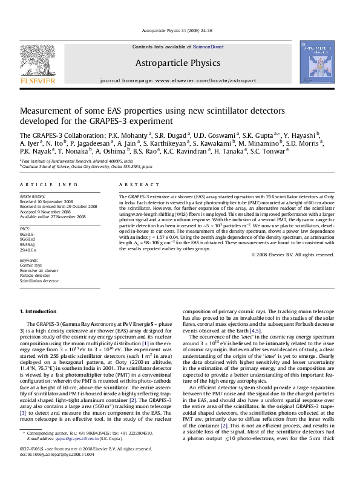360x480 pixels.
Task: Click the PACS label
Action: click(x=25, y=230)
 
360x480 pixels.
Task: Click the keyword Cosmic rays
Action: click(x=30, y=264)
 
